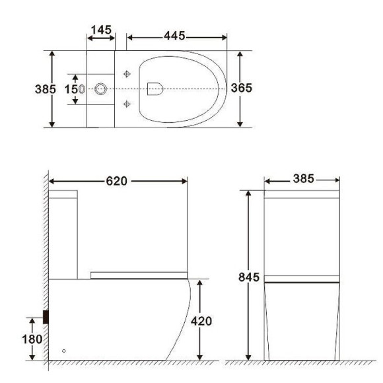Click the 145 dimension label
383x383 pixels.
pyautogui.click(x=101, y=31)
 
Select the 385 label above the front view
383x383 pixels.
pyautogui.click(x=302, y=180)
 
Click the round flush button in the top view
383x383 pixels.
pyautogui.click(x=101, y=88)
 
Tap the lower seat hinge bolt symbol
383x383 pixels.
pyautogui.click(x=126, y=102)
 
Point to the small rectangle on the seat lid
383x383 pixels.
pyautogui.click(x=157, y=88)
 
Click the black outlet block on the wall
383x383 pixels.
pyautogui.click(x=46, y=316)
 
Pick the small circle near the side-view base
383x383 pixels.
pyautogui.click(x=64, y=350)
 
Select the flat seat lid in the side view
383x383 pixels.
pyautogui.click(x=140, y=274)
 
